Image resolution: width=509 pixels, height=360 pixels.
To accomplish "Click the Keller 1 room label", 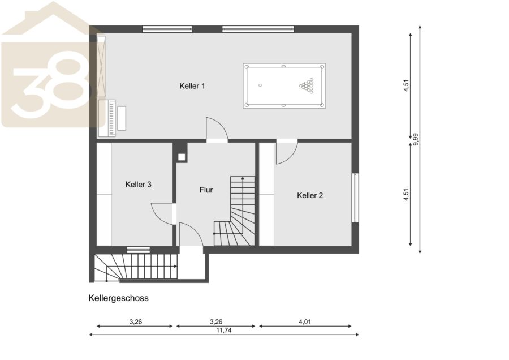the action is (192, 86).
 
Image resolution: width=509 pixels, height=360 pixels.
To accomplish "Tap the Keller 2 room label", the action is (310, 195).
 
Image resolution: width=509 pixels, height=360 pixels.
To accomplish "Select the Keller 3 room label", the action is (139, 185).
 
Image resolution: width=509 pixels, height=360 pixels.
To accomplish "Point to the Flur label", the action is (206, 190).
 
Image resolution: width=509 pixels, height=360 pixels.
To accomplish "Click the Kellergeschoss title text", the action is (119, 298).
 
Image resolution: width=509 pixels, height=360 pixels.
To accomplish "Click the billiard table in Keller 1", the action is (284, 86).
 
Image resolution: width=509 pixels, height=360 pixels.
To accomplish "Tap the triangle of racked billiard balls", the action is (307, 85).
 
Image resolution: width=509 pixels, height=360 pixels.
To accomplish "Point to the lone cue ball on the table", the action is (260, 85).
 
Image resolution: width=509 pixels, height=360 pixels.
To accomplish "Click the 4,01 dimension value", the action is (305, 322).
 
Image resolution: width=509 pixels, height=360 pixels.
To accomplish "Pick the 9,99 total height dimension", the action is (415, 140).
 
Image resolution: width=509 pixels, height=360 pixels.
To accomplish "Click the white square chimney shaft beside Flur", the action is (182, 157).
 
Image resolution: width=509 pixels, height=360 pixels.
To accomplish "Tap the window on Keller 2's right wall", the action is (356, 198).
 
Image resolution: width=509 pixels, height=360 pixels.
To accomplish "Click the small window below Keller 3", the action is (139, 250).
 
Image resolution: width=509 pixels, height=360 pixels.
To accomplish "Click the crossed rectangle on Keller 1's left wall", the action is (101, 66).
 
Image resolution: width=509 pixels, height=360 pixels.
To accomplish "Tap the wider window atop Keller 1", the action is (258, 29).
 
